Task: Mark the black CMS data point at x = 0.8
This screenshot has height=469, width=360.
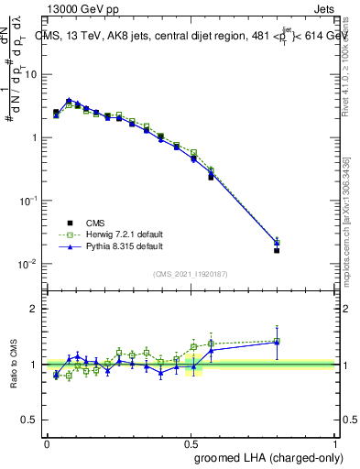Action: (x=277, y=250)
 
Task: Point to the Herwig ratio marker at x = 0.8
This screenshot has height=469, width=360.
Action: (x=277, y=341)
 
